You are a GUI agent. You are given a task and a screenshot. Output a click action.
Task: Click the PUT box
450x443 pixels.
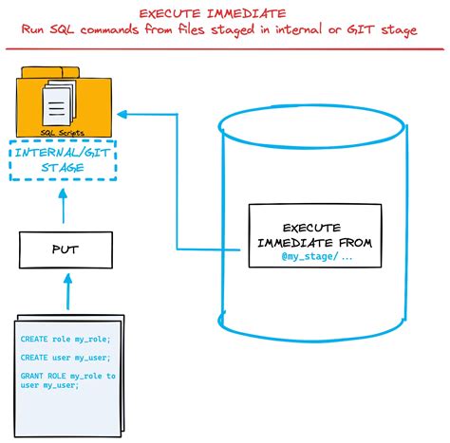tap(65, 249)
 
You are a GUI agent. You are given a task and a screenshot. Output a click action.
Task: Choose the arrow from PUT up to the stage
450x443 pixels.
tap(63, 208)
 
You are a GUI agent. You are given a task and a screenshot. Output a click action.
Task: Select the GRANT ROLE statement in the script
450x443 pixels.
tap(66, 380)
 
